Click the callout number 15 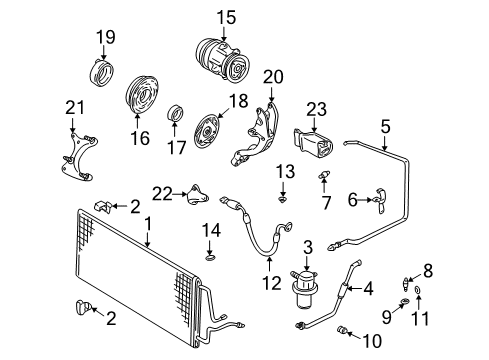point(226,18)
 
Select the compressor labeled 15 point(222,62)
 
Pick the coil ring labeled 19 point(102,73)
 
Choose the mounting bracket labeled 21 point(78,157)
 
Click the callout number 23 point(316,109)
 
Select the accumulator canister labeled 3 point(306,289)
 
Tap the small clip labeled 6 point(380,201)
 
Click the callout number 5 point(385,127)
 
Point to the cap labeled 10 point(342,330)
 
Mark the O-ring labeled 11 point(418,290)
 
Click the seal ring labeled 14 point(210,258)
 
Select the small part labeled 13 point(283,199)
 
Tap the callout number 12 point(272,284)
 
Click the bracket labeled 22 point(198,195)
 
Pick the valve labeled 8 point(406,284)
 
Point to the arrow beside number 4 point(354,288)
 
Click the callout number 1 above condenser point(148,224)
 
